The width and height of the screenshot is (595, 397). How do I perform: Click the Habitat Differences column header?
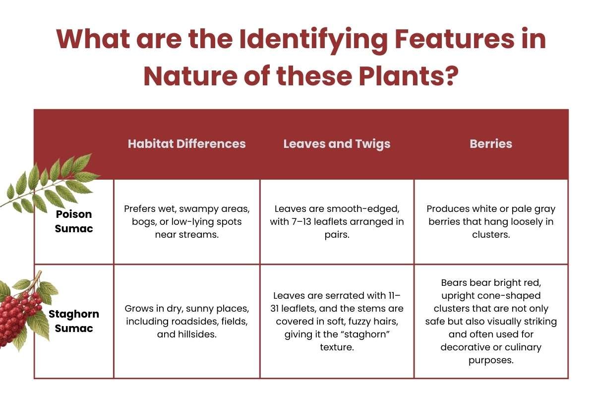tap(186, 144)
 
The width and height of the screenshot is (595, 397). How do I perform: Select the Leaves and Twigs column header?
tap(337, 144)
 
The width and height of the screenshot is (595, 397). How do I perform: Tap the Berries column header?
tap(491, 144)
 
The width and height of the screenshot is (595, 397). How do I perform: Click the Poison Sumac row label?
tap(73, 221)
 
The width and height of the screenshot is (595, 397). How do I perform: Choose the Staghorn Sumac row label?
tap(73, 321)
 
